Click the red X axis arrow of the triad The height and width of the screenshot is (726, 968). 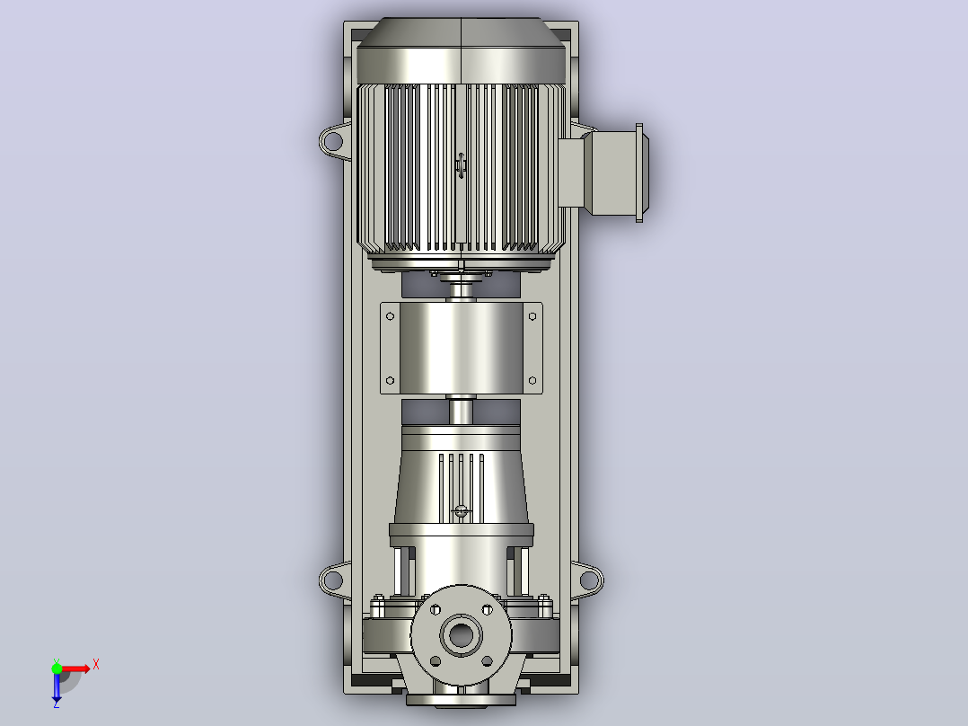tap(74, 668)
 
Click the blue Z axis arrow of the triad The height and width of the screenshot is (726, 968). tap(57, 687)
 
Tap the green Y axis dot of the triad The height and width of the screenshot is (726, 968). tap(57, 668)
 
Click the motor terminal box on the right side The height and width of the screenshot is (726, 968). tap(603, 172)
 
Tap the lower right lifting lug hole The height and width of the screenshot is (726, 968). tap(589, 580)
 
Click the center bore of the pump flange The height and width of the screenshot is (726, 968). tap(462, 634)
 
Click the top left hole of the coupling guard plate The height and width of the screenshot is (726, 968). tap(390, 316)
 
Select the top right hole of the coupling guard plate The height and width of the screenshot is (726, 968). tap(532, 316)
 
